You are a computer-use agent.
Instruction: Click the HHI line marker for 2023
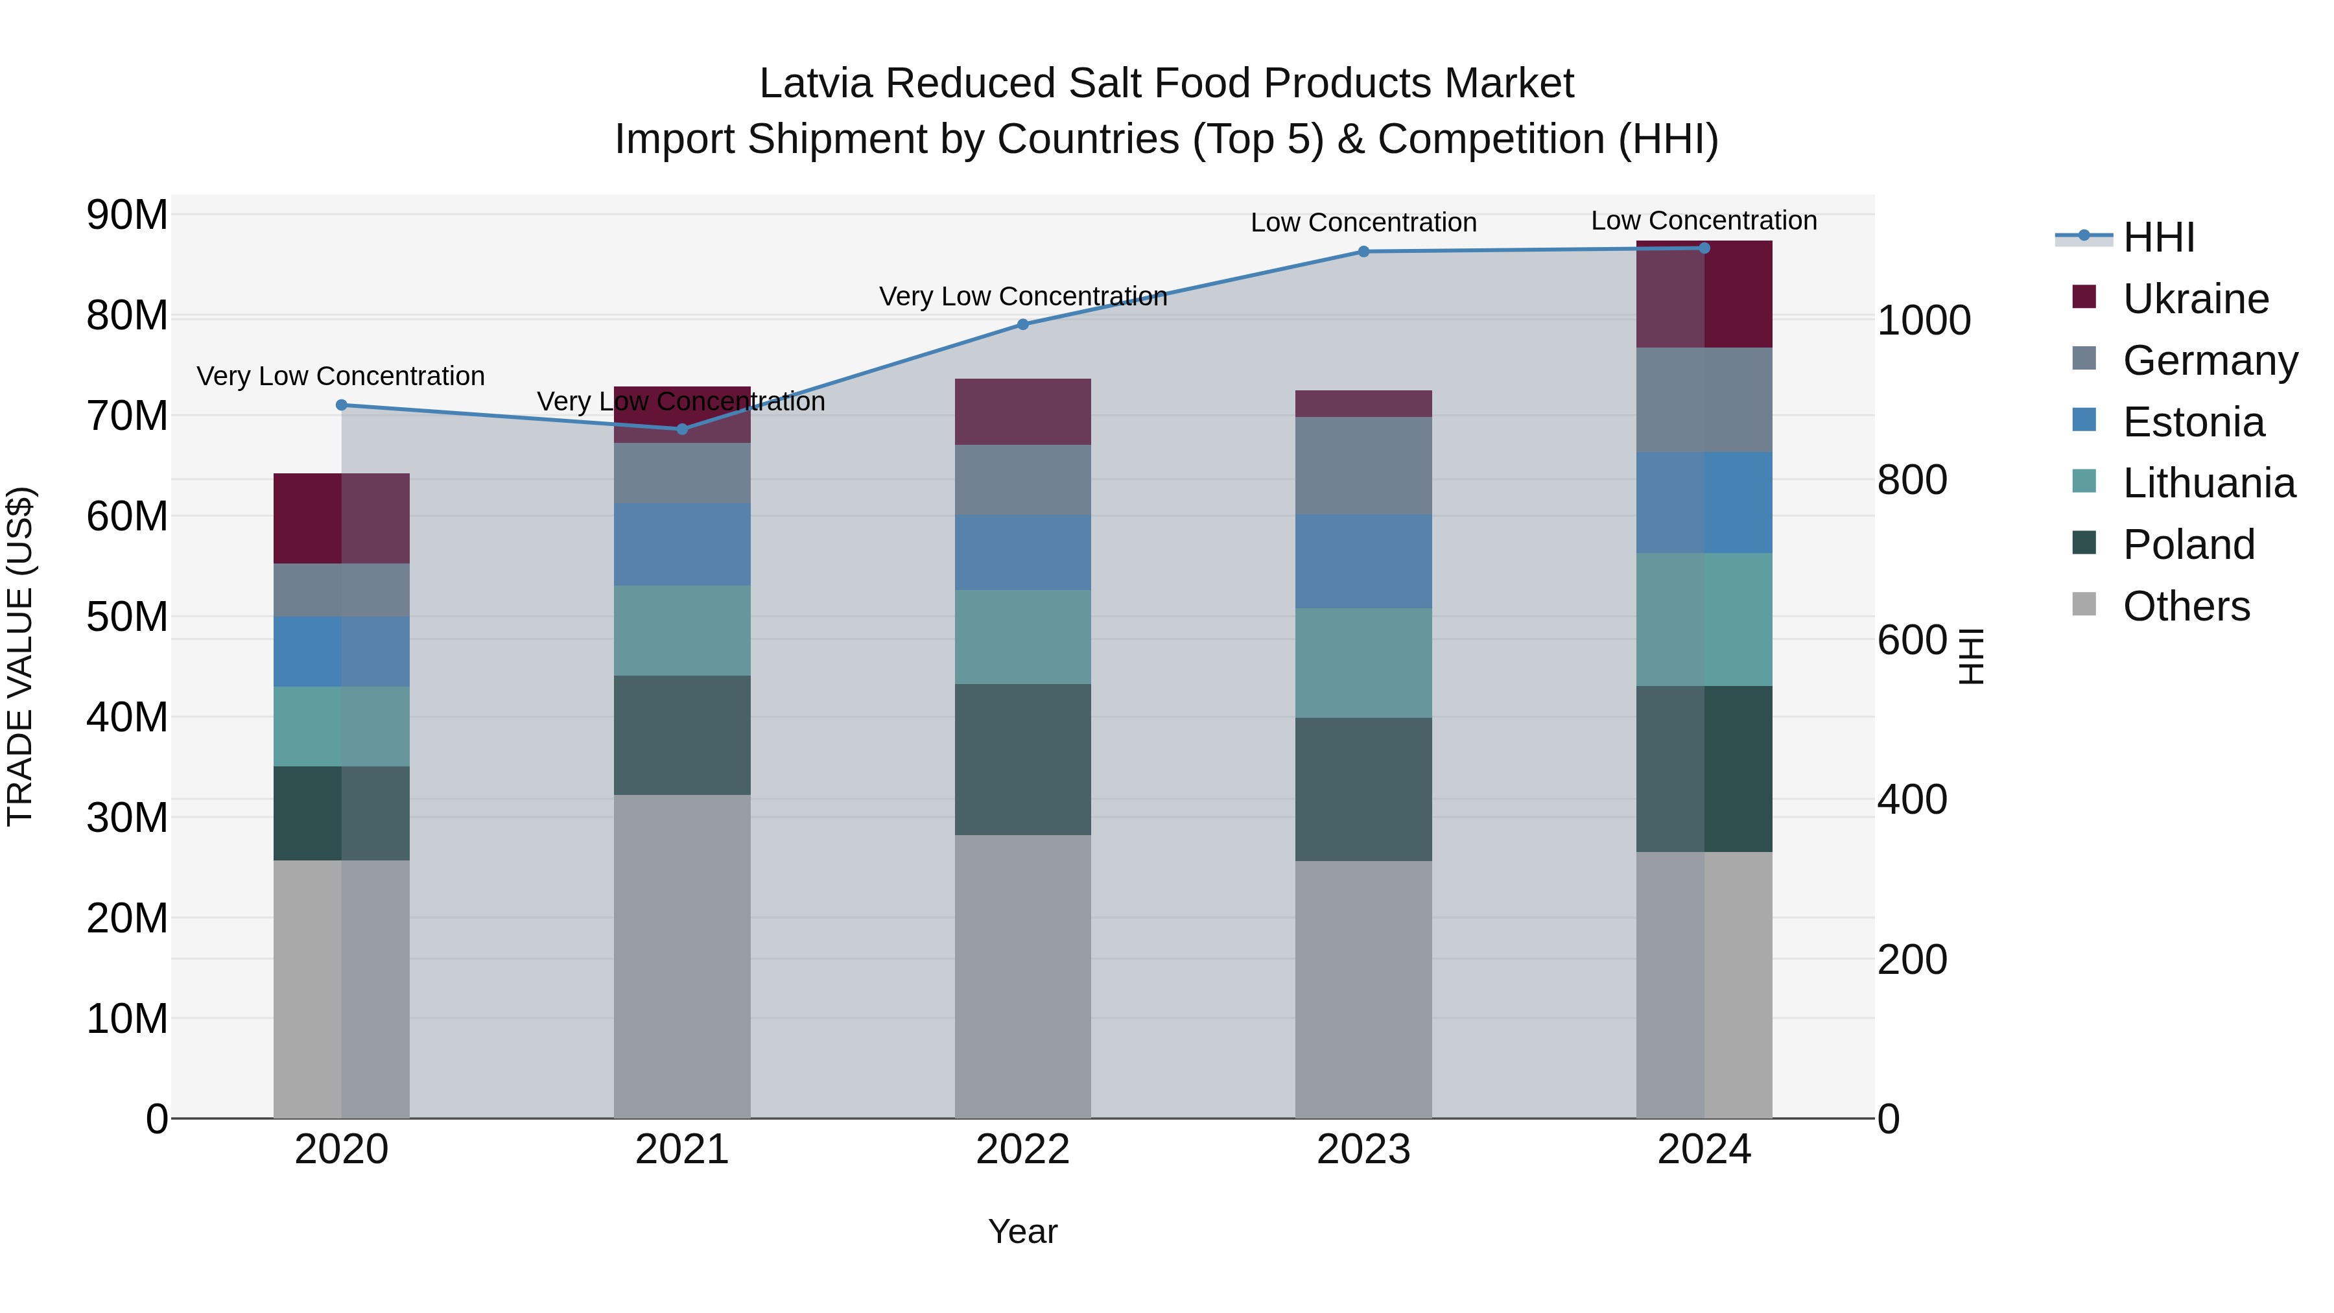coord(1363,252)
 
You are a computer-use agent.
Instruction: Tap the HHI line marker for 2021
coord(682,429)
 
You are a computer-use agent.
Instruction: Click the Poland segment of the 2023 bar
coord(1363,789)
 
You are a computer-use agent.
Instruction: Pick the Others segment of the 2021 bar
coord(682,956)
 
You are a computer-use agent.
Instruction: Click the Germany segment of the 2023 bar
coord(1363,466)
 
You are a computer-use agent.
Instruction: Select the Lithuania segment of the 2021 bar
coord(682,631)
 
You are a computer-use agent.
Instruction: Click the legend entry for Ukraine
coord(2195,299)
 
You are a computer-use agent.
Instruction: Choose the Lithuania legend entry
coord(2208,484)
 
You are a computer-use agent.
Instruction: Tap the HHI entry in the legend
coord(2158,237)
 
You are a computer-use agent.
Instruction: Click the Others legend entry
coord(2186,606)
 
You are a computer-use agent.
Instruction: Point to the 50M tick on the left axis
coord(127,617)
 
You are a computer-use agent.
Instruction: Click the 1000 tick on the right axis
coord(1923,321)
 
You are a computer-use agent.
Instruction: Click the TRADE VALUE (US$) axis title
coord(20,656)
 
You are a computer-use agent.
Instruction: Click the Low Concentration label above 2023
coord(1363,223)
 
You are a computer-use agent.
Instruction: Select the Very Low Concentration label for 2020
coord(340,376)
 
